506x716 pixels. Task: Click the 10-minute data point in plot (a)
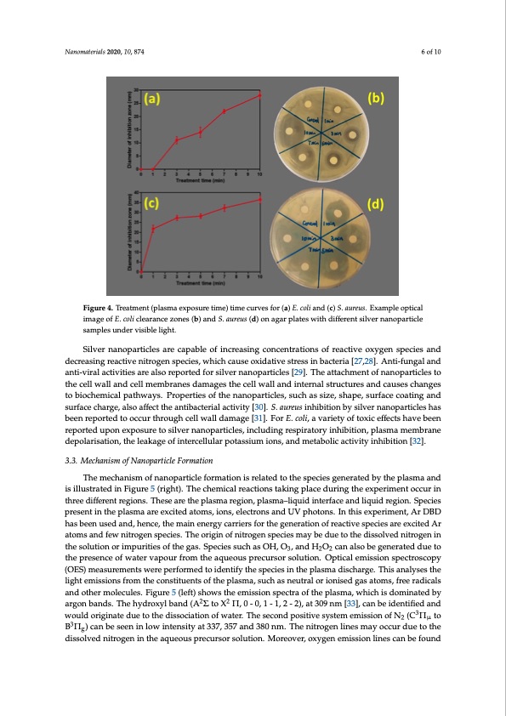[x=260, y=95]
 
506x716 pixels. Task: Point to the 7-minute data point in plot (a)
[x=225, y=111]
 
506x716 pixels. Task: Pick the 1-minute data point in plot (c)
[x=153, y=228]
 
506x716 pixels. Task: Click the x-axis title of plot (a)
[x=201, y=179]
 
